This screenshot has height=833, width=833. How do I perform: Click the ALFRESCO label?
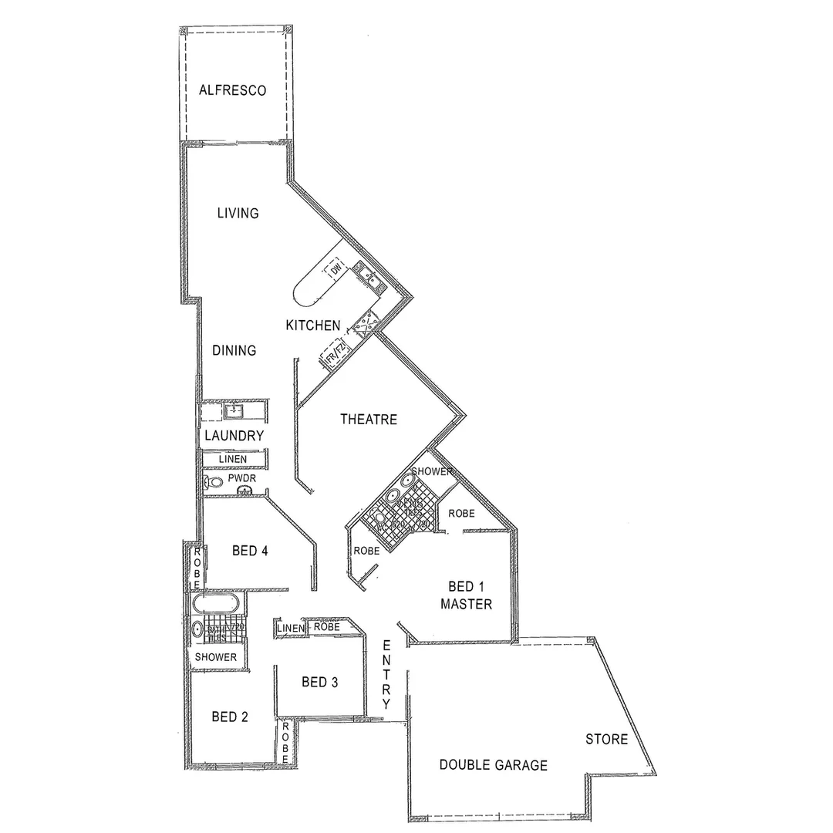pyautogui.click(x=232, y=90)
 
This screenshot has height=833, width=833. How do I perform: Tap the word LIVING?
pyautogui.click(x=238, y=213)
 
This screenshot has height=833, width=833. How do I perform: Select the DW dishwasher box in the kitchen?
pyautogui.click(x=336, y=269)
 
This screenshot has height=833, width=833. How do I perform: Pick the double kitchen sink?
pyautogui.click(x=366, y=276)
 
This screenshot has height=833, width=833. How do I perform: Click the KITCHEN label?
pyautogui.click(x=313, y=325)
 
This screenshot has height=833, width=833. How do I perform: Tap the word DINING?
pyautogui.click(x=234, y=351)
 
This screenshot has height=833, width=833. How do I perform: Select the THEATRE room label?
pyautogui.click(x=369, y=420)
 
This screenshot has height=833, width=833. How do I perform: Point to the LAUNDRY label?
pyautogui.click(x=234, y=436)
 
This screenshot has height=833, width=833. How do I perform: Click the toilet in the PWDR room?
pyautogui.click(x=213, y=483)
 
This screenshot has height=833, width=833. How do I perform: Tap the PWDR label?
pyautogui.click(x=241, y=478)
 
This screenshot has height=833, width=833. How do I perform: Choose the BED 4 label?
pyautogui.click(x=250, y=551)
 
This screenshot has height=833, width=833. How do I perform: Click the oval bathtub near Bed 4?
pyautogui.click(x=218, y=602)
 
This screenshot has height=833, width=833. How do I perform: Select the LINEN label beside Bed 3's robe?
pyautogui.click(x=290, y=629)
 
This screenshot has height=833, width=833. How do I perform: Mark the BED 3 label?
pyautogui.click(x=319, y=682)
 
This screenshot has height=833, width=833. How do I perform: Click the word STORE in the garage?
pyautogui.click(x=606, y=740)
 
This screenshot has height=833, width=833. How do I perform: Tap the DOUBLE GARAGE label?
pyautogui.click(x=493, y=765)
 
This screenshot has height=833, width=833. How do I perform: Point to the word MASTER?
pyautogui.click(x=466, y=604)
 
